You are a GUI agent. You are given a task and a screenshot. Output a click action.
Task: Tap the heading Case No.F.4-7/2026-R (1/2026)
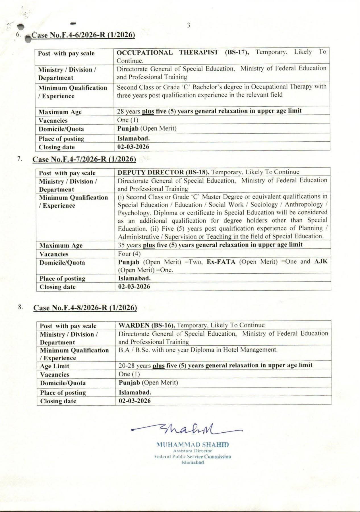[84, 159]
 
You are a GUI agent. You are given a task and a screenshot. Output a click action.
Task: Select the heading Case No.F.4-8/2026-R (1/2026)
[85, 308]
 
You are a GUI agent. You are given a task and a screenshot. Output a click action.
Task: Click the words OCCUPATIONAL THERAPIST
[167, 52]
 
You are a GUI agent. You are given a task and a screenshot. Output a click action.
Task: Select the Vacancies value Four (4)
[129, 254]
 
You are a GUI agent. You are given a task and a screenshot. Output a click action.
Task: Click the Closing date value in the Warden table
[135, 401]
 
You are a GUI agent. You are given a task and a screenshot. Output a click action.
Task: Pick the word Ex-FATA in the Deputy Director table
[221, 262]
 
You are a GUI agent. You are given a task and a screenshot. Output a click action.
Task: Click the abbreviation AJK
[321, 262]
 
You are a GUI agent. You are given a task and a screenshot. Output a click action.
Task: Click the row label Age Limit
[55, 366]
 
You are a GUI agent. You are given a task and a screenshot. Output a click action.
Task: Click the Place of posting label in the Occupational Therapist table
[61, 139]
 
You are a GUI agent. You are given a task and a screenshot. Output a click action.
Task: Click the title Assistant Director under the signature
[193, 451]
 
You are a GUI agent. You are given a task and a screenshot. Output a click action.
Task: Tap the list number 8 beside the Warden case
[20, 307]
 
